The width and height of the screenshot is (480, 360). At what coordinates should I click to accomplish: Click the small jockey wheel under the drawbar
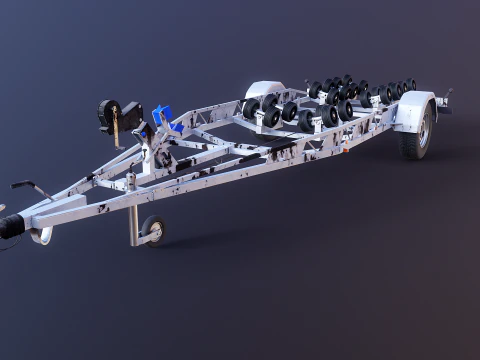(153, 229)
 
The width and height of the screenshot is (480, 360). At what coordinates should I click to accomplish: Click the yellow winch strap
(118, 130)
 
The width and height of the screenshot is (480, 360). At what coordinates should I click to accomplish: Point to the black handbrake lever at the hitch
(30, 187)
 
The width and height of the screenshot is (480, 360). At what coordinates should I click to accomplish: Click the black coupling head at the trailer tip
(10, 226)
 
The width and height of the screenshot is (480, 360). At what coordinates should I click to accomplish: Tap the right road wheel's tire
(418, 135)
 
